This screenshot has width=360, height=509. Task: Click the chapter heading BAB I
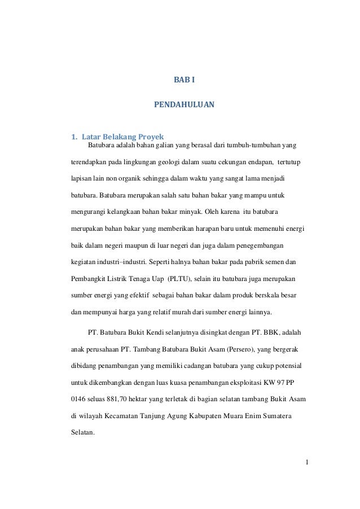(183, 80)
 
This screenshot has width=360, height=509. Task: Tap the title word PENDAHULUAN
(184, 104)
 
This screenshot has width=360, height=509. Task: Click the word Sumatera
(287, 417)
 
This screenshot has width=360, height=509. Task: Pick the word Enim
(265, 417)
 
